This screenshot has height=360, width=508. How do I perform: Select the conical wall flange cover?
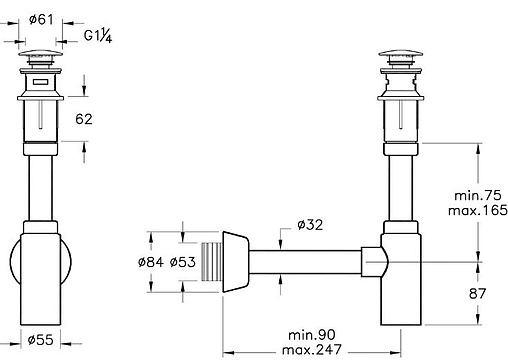coord(232,264)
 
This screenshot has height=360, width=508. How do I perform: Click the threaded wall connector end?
coord(210,264)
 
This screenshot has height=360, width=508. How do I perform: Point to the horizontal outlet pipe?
coord(305,264)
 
